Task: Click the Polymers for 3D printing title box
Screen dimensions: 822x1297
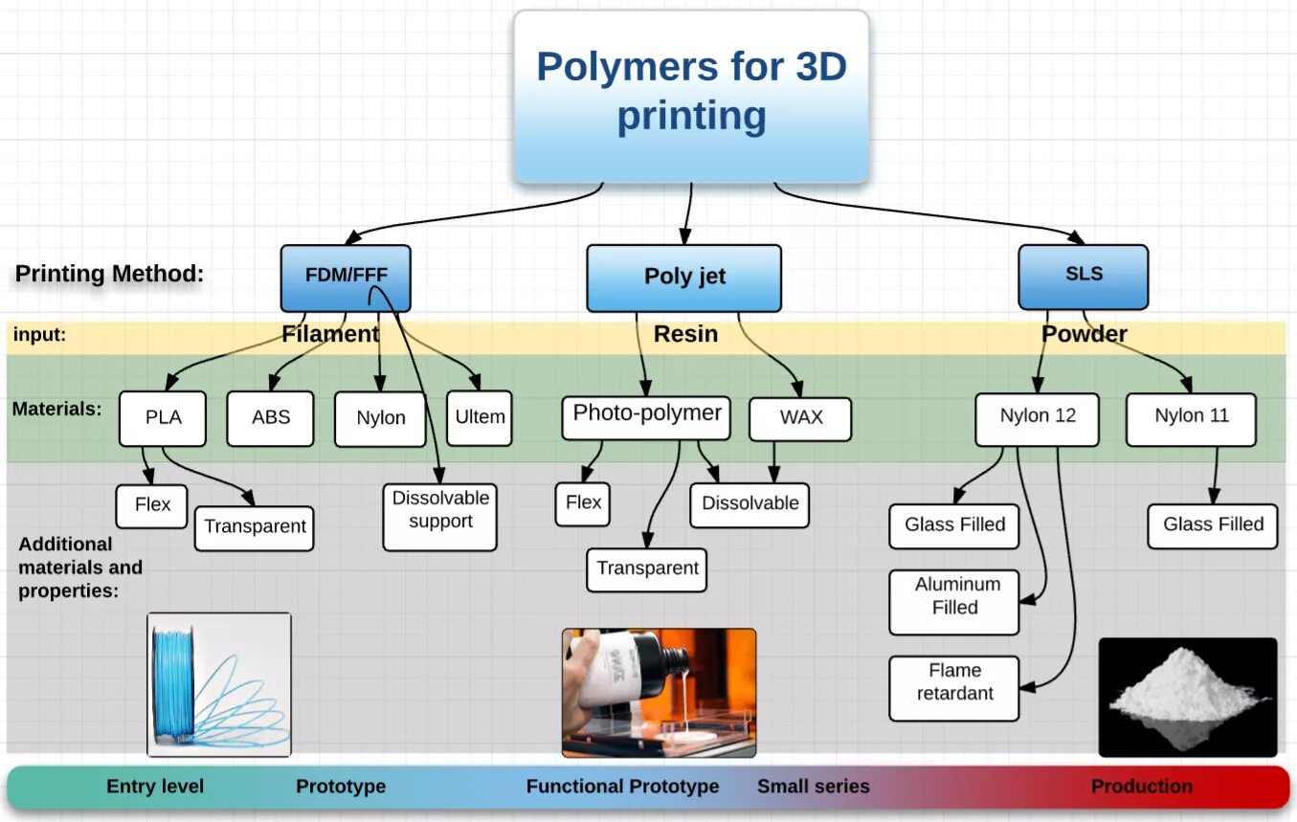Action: (x=691, y=96)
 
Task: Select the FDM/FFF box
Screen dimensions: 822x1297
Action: (x=346, y=278)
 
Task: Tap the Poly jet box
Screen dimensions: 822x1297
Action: (x=683, y=278)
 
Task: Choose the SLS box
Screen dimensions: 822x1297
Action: (x=1083, y=276)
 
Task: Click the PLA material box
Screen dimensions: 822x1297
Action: (x=163, y=418)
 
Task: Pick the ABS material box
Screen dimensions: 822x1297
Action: (x=270, y=418)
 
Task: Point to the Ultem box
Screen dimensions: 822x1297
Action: (x=480, y=417)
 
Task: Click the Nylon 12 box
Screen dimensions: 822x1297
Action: (x=1037, y=418)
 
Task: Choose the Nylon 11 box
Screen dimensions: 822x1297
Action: (x=1191, y=418)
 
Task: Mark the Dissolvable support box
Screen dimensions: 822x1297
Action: (x=439, y=517)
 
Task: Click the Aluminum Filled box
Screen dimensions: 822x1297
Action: (x=953, y=602)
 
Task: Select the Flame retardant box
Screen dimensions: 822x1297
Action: (x=953, y=688)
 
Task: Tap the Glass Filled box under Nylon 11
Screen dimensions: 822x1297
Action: (x=1213, y=525)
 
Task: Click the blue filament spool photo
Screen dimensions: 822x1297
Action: (x=219, y=684)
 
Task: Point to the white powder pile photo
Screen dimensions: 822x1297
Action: (x=1187, y=697)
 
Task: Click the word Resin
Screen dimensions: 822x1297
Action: (x=685, y=334)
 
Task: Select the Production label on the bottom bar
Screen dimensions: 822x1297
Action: (x=1141, y=787)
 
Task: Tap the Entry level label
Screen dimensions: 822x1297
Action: (x=155, y=787)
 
